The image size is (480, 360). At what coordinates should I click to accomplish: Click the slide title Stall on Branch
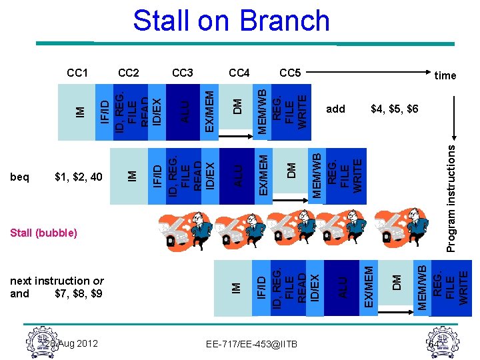(x=231, y=21)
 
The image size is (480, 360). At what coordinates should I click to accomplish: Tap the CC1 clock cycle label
(x=78, y=72)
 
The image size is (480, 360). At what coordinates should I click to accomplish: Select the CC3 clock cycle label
(x=183, y=72)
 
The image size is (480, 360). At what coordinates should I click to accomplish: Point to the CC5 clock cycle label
(x=290, y=72)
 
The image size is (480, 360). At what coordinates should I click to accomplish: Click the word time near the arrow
(x=445, y=75)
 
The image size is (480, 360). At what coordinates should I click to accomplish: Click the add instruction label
(x=335, y=109)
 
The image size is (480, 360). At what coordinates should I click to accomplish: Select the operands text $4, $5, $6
(x=394, y=109)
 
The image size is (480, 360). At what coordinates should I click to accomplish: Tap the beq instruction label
(x=20, y=177)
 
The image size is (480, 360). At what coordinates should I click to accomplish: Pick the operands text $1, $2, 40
(x=78, y=177)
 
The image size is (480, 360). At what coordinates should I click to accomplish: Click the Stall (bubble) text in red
(x=44, y=233)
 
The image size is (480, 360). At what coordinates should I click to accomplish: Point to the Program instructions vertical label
(x=451, y=199)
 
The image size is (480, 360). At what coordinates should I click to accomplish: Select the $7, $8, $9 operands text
(x=78, y=293)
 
